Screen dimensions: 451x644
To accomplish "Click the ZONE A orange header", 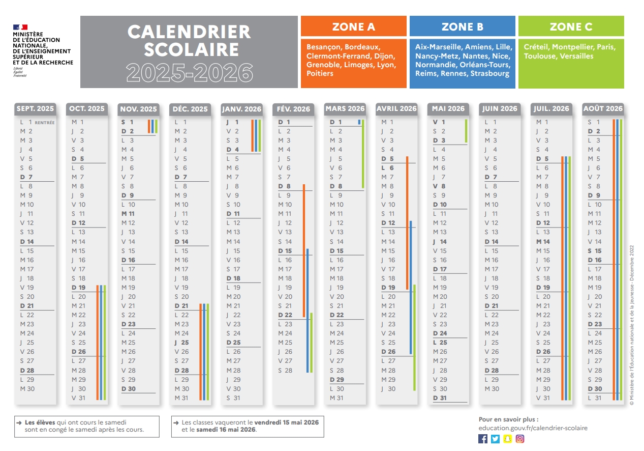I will tap(353, 26).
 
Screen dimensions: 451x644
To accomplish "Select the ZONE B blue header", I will tap(462, 26).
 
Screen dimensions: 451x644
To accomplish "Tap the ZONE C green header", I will tap(571, 26).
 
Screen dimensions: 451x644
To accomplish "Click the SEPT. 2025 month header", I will tap(35, 108).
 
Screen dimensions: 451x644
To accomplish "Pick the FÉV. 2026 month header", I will tap(294, 109).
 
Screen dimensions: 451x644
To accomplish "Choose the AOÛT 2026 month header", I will tap(603, 108).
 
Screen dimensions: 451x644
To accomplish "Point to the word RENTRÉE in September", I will tap(45, 123).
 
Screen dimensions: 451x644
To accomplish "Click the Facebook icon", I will tap(483, 438).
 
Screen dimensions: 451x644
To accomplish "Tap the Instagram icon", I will tap(519, 438).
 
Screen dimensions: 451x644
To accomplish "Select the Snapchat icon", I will tap(507, 438).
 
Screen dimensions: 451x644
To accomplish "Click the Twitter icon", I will tap(495, 438).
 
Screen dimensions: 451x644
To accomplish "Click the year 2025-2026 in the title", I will tap(189, 72).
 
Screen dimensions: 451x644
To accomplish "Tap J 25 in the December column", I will tap(181, 343).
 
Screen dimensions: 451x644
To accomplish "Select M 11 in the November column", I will tap(128, 214).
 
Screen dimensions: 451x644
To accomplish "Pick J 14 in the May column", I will tap(440, 241).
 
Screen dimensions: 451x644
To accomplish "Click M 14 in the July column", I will tap(543, 241).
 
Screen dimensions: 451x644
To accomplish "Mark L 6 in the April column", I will tap(388, 168).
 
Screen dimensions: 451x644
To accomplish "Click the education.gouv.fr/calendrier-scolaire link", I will tap(533, 428).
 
